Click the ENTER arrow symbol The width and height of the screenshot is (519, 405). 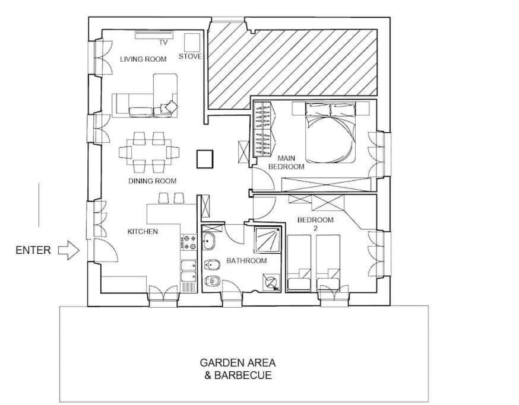(x=69, y=250)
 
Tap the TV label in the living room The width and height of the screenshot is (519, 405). (x=163, y=42)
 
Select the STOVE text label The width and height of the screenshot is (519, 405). (x=191, y=56)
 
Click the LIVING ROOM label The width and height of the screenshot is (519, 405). (x=143, y=59)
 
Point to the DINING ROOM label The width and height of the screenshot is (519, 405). (x=152, y=181)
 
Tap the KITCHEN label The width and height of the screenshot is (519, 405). (x=143, y=231)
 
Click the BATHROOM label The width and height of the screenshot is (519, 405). (x=246, y=260)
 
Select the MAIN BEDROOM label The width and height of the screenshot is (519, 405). (x=286, y=162)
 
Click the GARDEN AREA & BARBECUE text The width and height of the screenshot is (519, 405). (x=238, y=369)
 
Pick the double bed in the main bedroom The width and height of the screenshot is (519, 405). (x=330, y=132)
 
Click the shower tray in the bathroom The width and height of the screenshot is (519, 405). (x=268, y=240)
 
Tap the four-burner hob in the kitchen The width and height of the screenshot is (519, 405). (x=189, y=242)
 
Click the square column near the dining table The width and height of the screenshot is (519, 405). (x=204, y=159)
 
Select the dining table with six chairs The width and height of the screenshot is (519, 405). (x=149, y=152)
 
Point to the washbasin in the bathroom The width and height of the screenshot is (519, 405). (x=208, y=240)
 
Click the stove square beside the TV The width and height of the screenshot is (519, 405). (x=192, y=42)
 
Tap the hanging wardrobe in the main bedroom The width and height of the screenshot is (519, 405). (x=264, y=129)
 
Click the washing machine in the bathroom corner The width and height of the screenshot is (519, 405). (x=271, y=283)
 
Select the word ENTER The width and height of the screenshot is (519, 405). (x=33, y=250)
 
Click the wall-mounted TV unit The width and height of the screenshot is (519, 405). (x=154, y=33)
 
